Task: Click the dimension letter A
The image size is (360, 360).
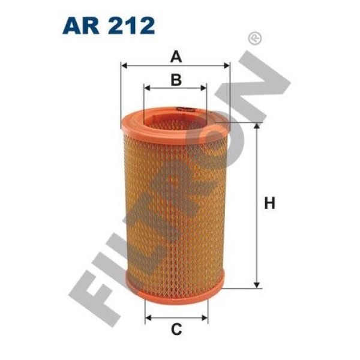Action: [x=175, y=57]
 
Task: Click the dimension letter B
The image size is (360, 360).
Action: [x=175, y=79]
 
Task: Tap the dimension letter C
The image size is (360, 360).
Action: [x=176, y=329]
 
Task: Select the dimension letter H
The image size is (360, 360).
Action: [x=269, y=204]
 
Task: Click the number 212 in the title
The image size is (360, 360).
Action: [x=133, y=25]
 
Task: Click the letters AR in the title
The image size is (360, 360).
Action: [x=84, y=25]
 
